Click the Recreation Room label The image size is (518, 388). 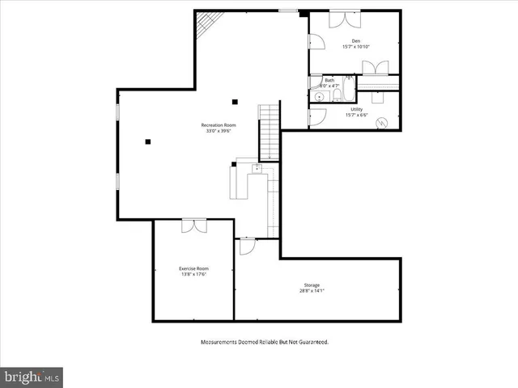pos(219,125)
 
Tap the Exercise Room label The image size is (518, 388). pos(194,268)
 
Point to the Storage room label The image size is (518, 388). pos(312,285)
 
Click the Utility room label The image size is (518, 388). pos(356,109)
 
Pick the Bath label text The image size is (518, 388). pos(329,81)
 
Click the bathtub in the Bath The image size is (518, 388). pos(346,91)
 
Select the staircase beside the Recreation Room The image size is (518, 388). pos(269,131)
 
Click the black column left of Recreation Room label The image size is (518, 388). pos(148,141)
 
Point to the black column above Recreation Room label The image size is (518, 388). pos(235,101)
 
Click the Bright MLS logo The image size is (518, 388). pos(32,377)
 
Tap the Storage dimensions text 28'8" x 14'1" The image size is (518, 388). pos(312,291)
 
